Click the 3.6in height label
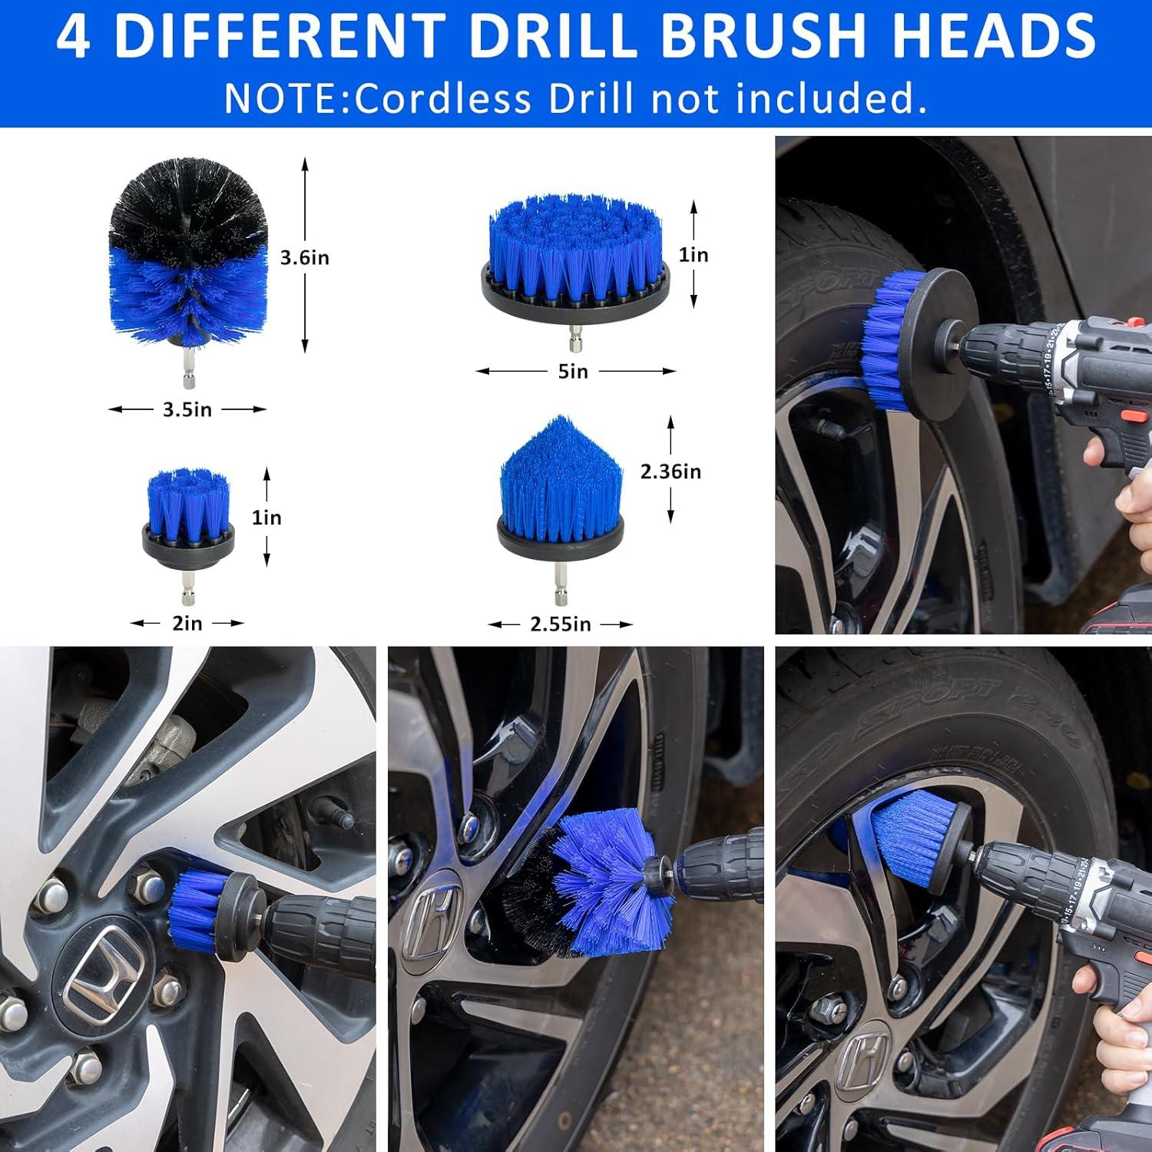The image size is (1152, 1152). (x=304, y=258)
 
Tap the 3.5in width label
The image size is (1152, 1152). (x=187, y=410)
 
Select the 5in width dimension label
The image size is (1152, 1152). (x=573, y=372)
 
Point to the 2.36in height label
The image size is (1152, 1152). (x=670, y=472)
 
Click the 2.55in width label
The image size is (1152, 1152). (x=561, y=624)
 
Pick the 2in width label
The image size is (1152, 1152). (x=187, y=624)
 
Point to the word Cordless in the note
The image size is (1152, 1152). (x=443, y=99)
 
